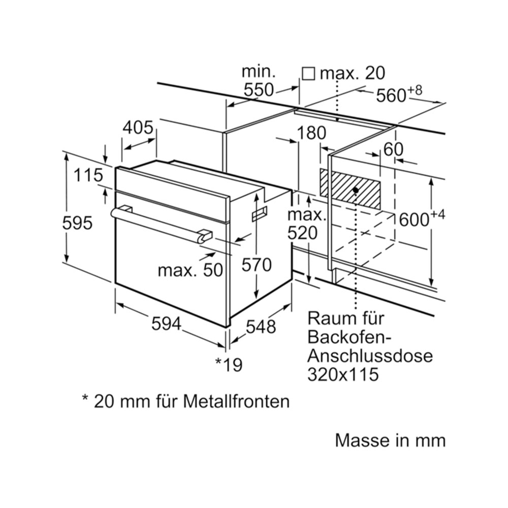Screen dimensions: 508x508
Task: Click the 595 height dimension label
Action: tap(77, 223)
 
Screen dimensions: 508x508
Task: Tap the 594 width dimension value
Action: tap(167, 323)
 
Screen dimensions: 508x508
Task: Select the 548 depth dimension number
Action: tap(261, 326)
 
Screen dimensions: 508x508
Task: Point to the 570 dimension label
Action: tap(257, 265)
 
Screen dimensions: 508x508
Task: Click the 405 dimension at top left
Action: tap(138, 128)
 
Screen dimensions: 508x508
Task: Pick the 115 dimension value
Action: tap(88, 175)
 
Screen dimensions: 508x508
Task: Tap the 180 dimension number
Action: tap(311, 133)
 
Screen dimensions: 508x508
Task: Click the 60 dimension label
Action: tap(393, 149)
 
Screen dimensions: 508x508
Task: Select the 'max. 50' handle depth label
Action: tap(190, 270)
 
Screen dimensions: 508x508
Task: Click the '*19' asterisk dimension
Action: tap(229, 364)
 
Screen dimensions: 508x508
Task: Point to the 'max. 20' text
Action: tap(353, 73)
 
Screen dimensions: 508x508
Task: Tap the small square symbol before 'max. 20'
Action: tap(308, 74)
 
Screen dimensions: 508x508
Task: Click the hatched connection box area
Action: tap(350, 188)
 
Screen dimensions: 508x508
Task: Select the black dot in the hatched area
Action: tap(356, 190)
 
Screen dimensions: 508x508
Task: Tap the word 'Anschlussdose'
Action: tap(370, 356)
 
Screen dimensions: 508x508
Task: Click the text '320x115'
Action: tap(343, 374)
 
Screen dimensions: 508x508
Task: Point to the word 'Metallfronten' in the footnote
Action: tap(236, 401)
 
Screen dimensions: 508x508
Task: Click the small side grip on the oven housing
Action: tap(260, 213)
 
